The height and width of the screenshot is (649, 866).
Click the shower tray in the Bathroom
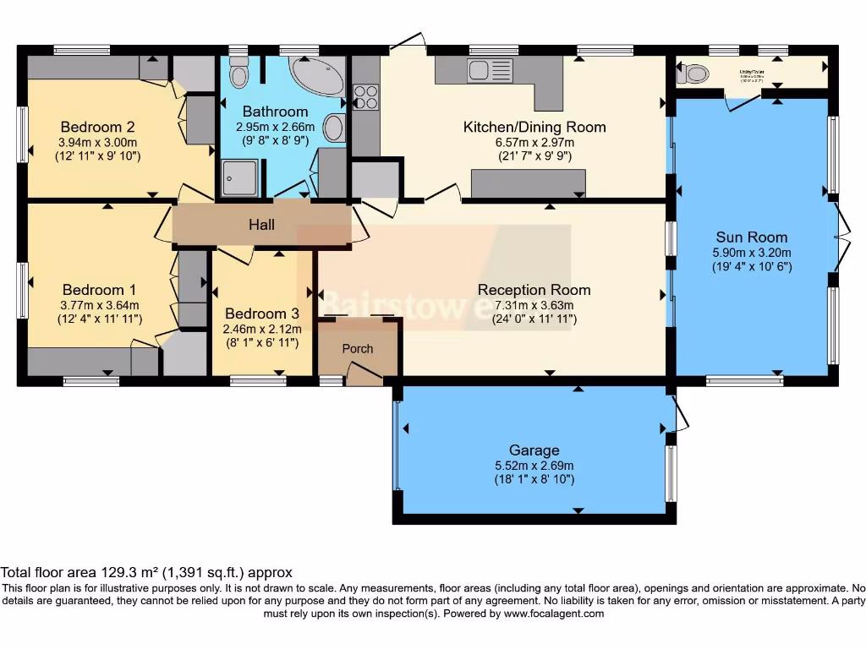(x=239, y=176)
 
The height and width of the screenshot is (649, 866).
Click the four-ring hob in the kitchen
(x=366, y=97)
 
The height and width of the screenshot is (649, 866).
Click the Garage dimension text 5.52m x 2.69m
(x=534, y=466)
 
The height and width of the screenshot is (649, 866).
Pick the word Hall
(x=261, y=225)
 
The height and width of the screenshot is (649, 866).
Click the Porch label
(x=357, y=348)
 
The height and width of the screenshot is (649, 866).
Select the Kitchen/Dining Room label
(x=534, y=127)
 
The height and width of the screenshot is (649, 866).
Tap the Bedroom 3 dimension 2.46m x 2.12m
(x=261, y=329)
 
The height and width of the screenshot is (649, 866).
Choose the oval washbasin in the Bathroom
(x=335, y=128)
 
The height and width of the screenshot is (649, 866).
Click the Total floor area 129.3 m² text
(x=146, y=572)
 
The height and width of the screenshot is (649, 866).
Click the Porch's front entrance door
(x=364, y=373)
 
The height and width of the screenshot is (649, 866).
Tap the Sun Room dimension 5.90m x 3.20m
(x=751, y=252)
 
